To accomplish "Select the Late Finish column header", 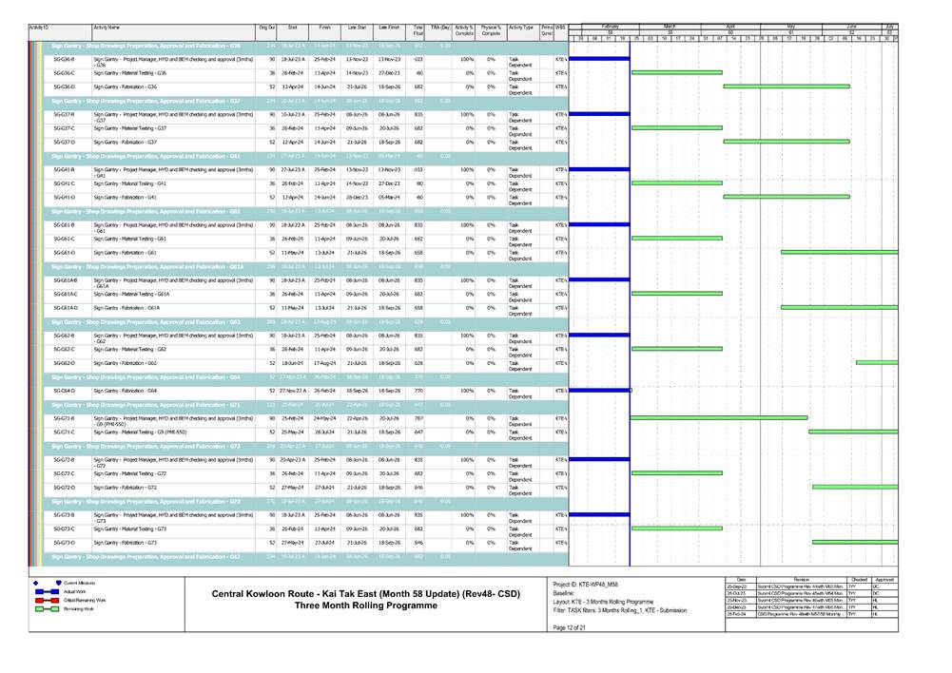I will [388, 29].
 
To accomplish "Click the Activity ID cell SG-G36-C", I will [64, 73].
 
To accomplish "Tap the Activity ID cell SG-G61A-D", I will [66, 308].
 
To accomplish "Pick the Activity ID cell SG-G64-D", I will [64, 391].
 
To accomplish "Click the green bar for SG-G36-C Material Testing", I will [676, 72].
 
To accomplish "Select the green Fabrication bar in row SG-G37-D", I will [786, 142].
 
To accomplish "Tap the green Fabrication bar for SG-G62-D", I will [876, 362].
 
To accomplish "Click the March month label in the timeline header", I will [669, 26].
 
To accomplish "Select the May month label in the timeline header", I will [790, 26].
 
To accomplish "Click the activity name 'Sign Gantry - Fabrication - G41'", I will [126, 198].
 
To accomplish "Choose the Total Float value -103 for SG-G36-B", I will [418, 59].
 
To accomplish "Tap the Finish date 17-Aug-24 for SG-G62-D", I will [324, 363].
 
